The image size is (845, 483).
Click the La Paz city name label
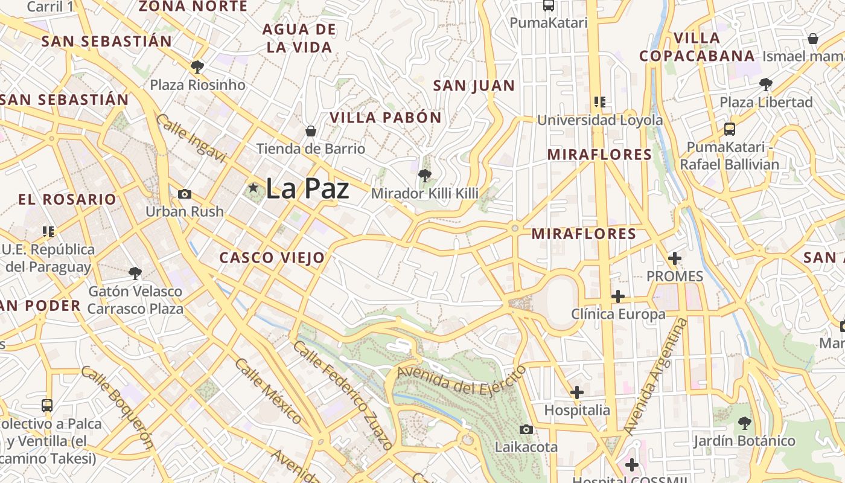pyautogui.click(x=307, y=188)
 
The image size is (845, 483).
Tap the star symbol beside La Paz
pyautogui.click(x=253, y=188)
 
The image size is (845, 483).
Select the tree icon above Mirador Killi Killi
pyautogui.click(x=424, y=176)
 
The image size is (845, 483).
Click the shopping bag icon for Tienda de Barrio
pyautogui.click(x=311, y=131)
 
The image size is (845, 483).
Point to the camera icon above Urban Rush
pyautogui.click(x=185, y=194)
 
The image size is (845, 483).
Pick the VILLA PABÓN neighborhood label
pyautogui.click(x=386, y=118)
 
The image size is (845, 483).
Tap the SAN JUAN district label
pyautogui.click(x=474, y=86)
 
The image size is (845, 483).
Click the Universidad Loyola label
pyautogui.click(x=600, y=120)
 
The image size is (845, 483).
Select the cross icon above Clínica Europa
pyautogui.click(x=618, y=296)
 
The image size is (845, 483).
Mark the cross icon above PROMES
pyautogui.click(x=675, y=259)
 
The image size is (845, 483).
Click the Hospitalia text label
pyautogui.click(x=577, y=411)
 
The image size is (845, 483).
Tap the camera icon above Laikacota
pyautogui.click(x=526, y=429)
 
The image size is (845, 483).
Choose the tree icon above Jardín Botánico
pyautogui.click(x=744, y=423)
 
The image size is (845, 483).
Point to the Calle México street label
pyautogui.click(x=269, y=391)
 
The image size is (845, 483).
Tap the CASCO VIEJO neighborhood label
pyautogui.click(x=272, y=258)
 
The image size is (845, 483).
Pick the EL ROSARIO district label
pyautogui.click(x=67, y=199)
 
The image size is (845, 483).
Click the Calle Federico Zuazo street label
pyautogui.click(x=343, y=395)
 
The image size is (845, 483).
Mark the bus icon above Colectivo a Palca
pyautogui.click(x=47, y=405)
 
